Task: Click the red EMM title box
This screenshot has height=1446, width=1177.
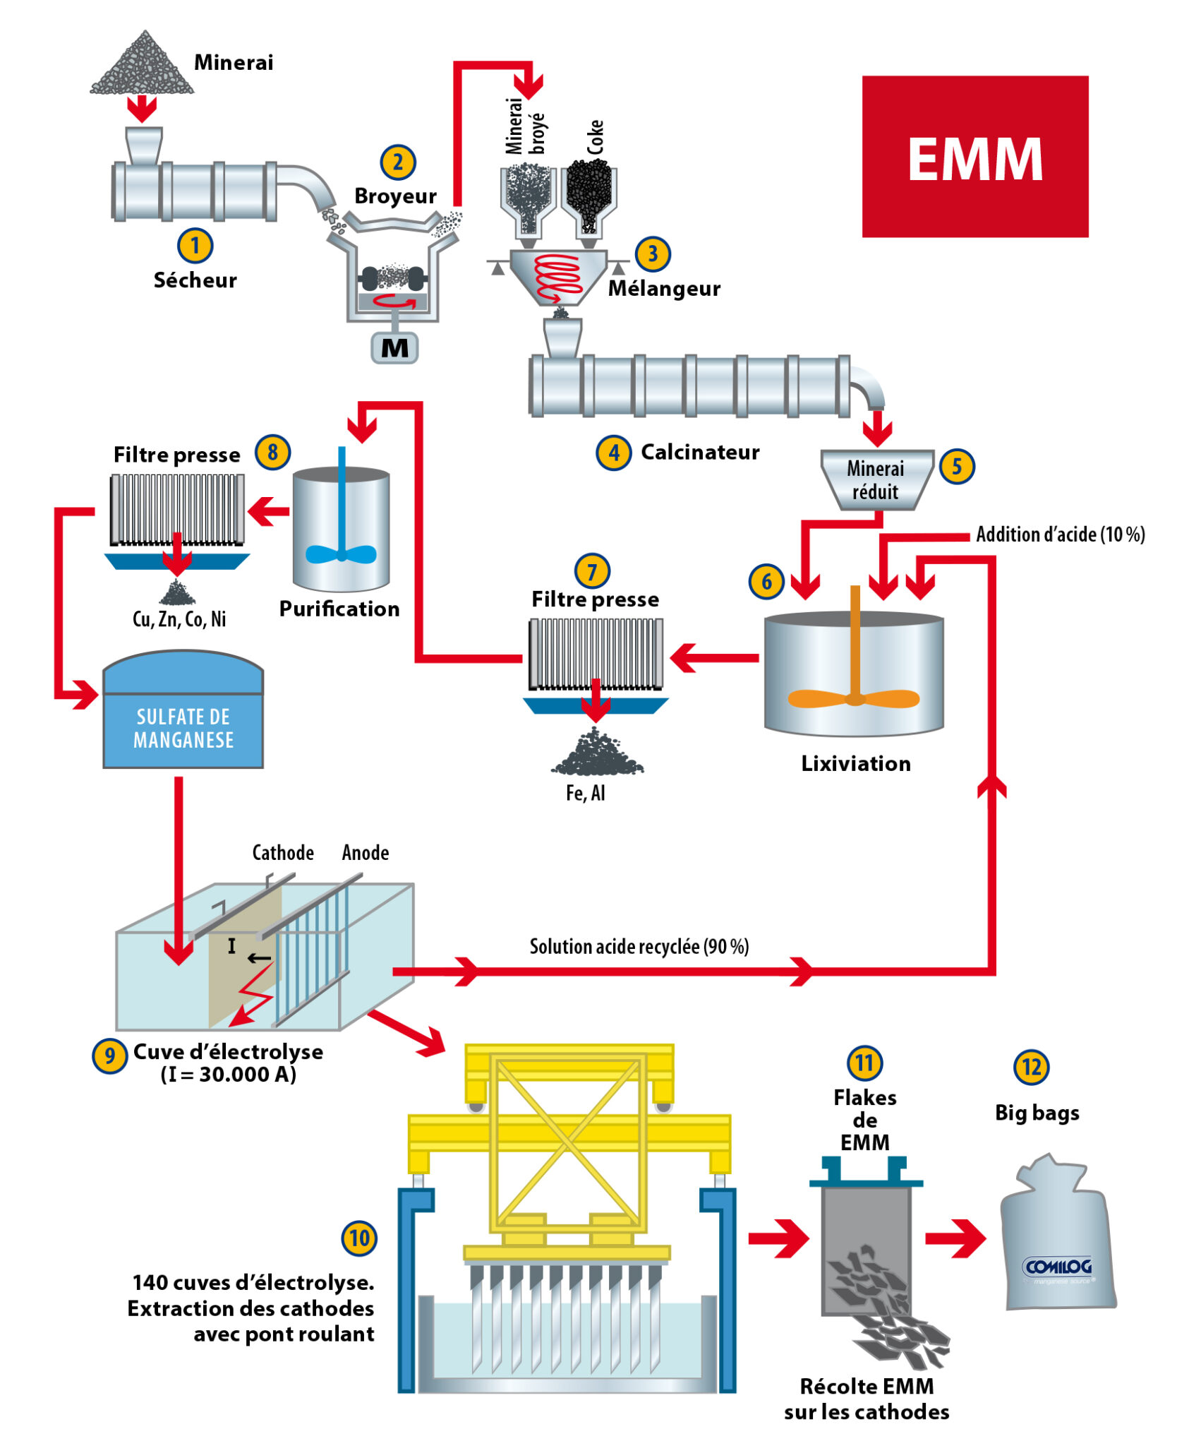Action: [x=974, y=157]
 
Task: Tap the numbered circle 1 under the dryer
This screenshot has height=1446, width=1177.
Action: [x=195, y=246]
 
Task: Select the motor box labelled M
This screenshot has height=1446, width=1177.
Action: [x=394, y=348]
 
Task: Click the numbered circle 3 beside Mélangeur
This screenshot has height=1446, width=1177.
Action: [x=652, y=253]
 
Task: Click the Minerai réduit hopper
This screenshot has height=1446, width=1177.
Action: [x=876, y=480]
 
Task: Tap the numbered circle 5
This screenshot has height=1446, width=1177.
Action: [x=957, y=466]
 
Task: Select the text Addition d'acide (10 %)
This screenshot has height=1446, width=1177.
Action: [x=1060, y=534]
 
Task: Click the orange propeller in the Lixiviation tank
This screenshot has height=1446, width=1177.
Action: [x=854, y=698]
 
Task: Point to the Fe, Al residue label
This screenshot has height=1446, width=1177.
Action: [x=585, y=794]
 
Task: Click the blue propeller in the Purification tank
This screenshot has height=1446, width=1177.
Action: [x=342, y=554]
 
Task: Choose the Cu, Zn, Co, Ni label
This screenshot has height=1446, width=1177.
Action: [x=179, y=619]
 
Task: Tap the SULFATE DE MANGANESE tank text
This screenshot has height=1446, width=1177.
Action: [x=183, y=729]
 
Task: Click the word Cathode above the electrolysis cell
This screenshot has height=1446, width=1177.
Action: [x=283, y=853]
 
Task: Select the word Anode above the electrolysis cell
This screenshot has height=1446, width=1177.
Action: [x=366, y=853]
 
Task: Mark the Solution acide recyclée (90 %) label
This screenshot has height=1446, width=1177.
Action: [x=639, y=946]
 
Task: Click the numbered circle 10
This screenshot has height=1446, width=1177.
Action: [x=359, y=1238]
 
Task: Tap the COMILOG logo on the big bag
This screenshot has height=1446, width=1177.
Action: [x=1057, y=1267]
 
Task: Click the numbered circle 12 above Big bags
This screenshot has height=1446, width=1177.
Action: [x=1031, y=1067]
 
